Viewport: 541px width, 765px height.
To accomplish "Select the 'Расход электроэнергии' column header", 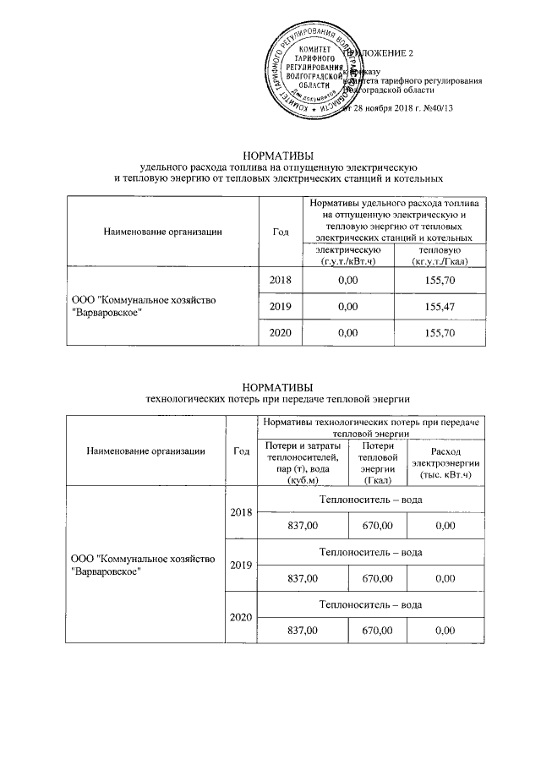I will (x=445, y=463).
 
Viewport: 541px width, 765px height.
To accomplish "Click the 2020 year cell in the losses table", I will (x=241, y=618).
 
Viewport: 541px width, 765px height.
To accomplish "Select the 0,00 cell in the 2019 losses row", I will (x=445, y=579).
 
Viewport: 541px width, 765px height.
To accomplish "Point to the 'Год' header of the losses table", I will (x=241, y=451).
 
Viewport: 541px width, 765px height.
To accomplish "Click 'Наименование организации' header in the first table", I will (x=163, y=231).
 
